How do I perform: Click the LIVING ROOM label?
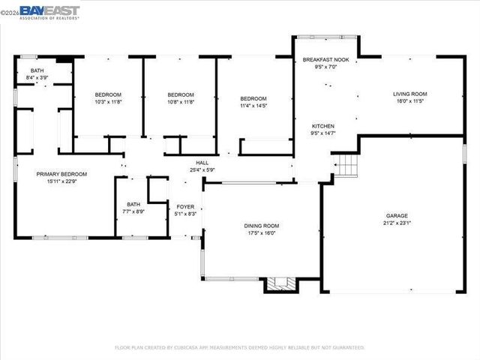point(409,94)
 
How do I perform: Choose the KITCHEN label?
point(323,126)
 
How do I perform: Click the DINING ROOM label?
point(261,226)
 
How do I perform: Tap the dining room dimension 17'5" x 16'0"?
point(261,233)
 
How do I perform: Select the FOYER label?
point(185,206)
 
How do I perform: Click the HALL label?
point(202,162)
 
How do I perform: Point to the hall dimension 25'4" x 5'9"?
point(202,169)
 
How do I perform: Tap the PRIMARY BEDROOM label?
point(61,174)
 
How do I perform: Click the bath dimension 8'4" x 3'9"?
point(37,77)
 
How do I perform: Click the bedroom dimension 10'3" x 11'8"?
point(108,102)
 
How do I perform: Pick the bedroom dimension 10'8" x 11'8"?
point(180,102)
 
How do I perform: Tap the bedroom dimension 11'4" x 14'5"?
point(253,106)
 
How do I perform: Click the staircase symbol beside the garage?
point(345,165)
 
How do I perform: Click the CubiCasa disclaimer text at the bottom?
point(239,347)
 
